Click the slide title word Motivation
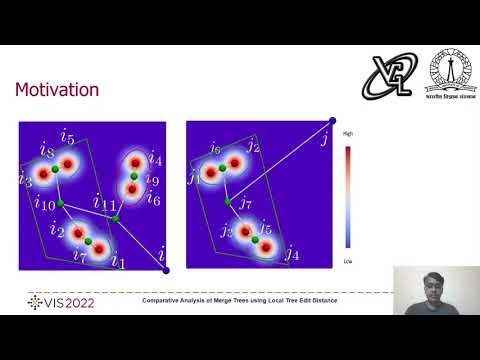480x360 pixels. tap(56, 90)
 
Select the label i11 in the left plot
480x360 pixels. tap(104, 203)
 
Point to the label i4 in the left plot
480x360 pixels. tap(155, 158)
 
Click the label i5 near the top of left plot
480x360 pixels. tap(67, 136)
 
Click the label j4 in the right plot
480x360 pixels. tap(290, 254)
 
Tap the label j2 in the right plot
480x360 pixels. tap(253, 148)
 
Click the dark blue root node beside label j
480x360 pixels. tap(332, 121)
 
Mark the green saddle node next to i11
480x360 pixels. tap(116, 219)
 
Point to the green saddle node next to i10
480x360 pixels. tap(61, 203)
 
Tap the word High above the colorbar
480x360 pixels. tap(347, 134)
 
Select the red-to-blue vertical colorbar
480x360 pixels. tap(348, 196)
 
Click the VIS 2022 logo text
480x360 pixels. tap(61, 301)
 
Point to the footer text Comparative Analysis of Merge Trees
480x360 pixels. tap(239, 300)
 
